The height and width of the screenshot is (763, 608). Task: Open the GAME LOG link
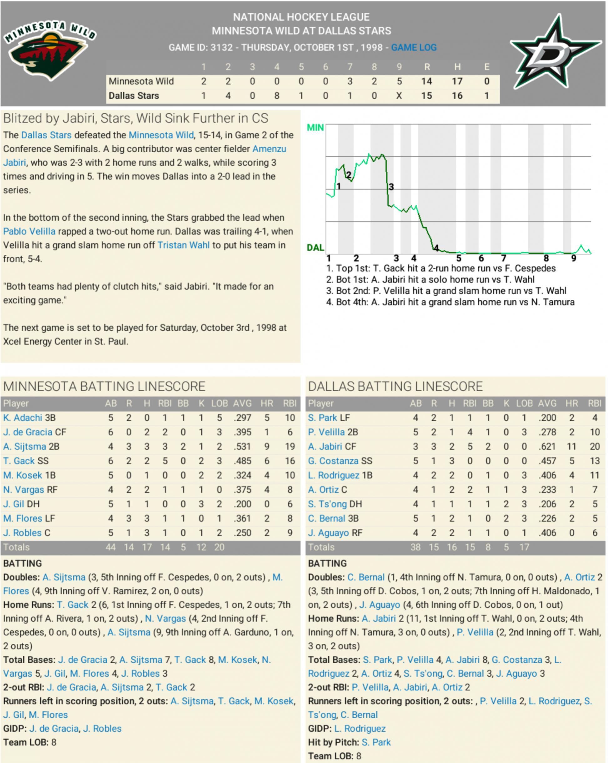414,48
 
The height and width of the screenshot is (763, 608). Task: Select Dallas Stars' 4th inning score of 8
277,95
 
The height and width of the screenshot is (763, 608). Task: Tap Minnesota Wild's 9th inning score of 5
399,81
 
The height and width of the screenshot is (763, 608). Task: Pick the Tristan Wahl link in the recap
183,245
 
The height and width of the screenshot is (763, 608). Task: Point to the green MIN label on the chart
315,127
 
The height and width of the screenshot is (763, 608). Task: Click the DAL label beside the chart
315,247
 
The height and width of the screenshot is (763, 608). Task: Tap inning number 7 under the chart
504,258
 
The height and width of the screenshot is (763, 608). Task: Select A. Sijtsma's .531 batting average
242,447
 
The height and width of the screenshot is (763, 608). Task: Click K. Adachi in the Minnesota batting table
23,418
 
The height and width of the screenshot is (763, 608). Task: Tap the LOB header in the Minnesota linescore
219,404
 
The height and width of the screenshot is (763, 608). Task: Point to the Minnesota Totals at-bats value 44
110,547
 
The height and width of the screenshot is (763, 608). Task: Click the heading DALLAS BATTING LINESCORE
395,386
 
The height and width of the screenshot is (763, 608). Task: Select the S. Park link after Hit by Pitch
376,742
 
